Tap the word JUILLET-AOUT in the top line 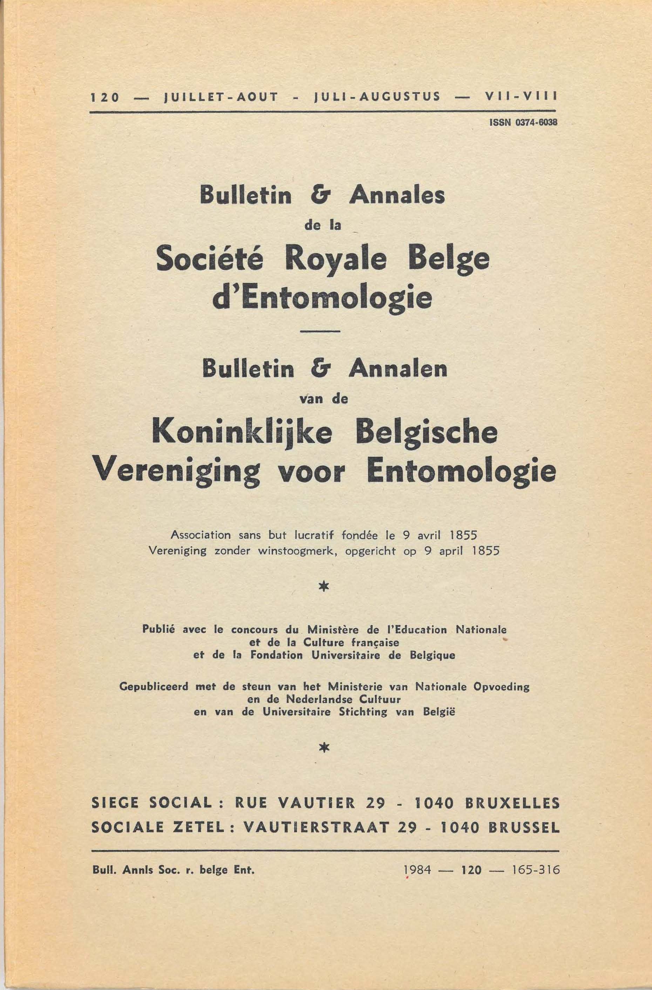pyautogui.click(x=221, y=97)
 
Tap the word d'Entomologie pyautogui.click(x=322, y=298)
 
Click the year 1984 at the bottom pyautogui.click(x=417, y=869)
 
